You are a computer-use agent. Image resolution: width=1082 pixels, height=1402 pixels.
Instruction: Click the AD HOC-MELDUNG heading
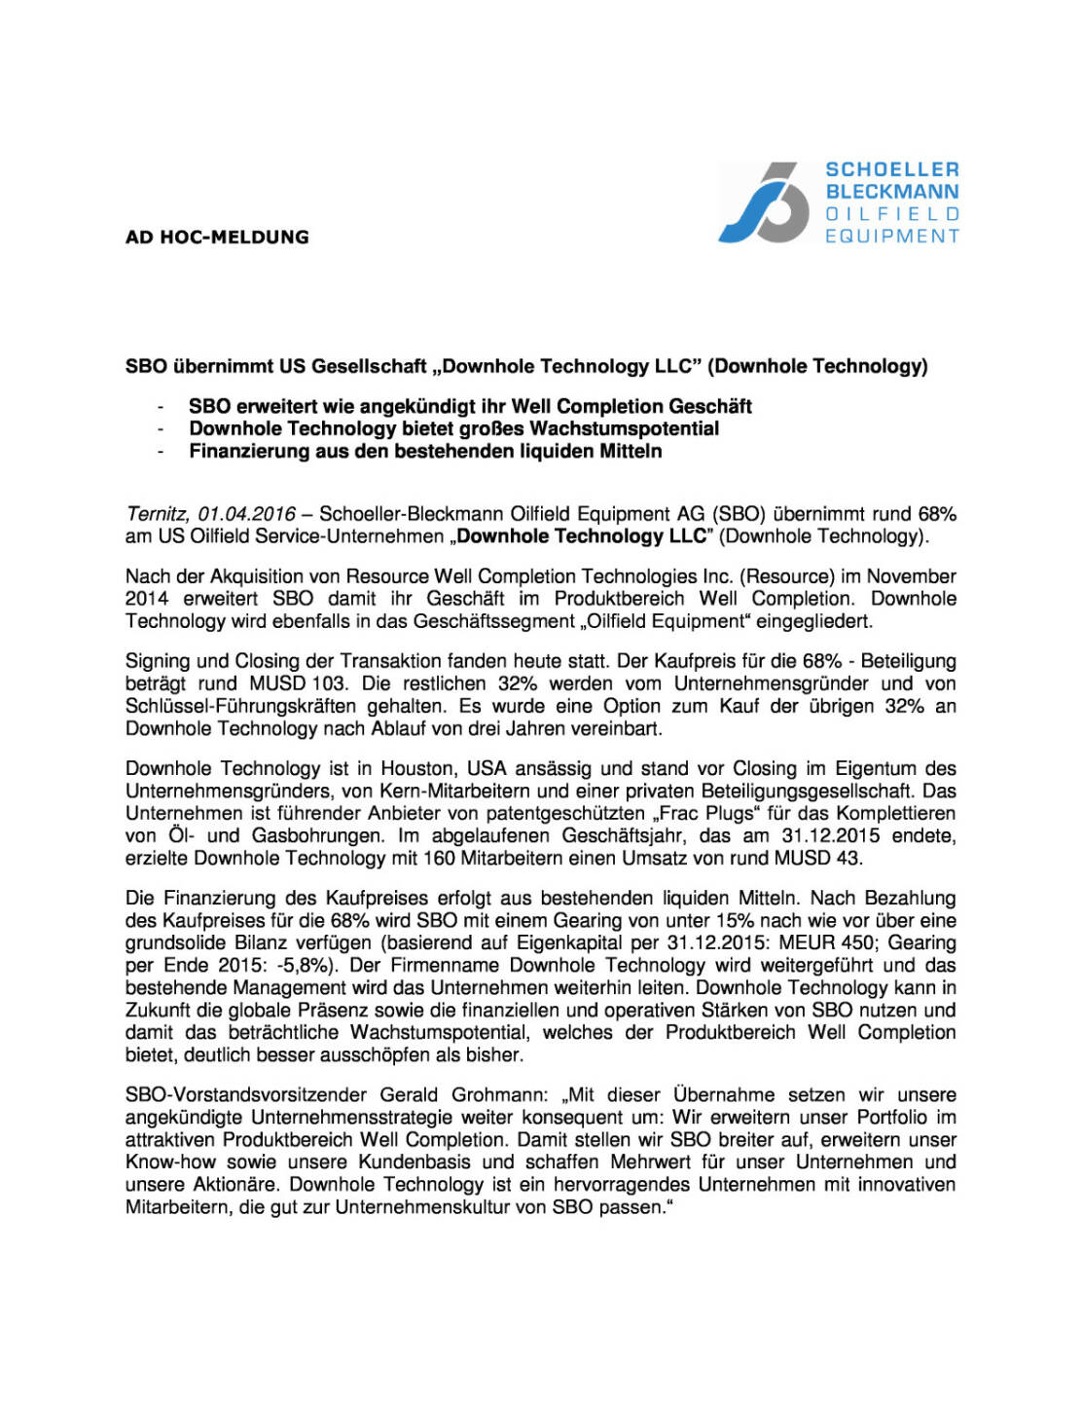tap(217, 237)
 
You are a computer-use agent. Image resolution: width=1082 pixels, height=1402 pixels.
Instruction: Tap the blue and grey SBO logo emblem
tap(764, 203)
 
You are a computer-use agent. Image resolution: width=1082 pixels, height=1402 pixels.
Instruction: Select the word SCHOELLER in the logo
tap(891, 169)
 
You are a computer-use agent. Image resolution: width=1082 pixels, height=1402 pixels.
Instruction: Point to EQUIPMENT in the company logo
tap(891, 236)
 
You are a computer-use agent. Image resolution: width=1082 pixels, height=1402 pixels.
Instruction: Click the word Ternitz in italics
tap(156, 513)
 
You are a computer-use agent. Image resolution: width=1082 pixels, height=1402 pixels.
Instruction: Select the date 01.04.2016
tap(246, 513)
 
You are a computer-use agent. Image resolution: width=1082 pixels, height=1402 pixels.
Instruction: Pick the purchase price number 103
tap(329, 683)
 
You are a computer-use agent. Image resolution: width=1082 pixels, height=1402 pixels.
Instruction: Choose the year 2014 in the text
tap(147, 599)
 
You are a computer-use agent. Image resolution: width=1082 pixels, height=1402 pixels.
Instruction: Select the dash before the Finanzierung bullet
tap(161, 451)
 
